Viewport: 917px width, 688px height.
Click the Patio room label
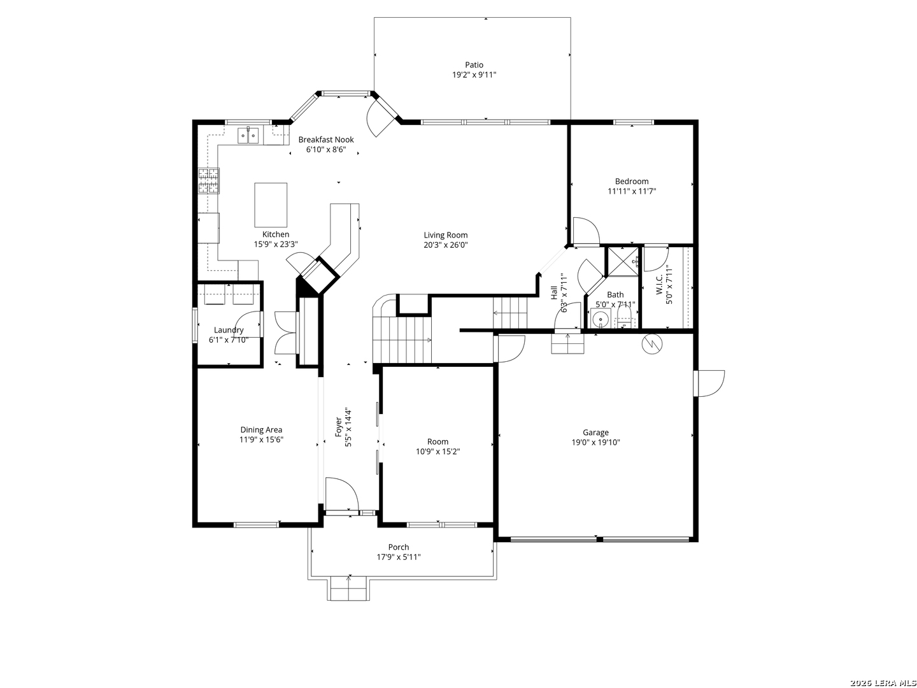tap(474, 65)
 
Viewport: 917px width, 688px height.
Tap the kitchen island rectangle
tap(271, 204)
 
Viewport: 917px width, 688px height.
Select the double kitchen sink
tap(248, 136)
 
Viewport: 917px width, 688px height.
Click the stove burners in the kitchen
tap(208, 181)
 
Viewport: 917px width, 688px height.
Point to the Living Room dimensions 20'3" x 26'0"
tap(446, 245)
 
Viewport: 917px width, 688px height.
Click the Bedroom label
tap(632, 182)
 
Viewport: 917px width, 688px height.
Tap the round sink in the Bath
tap(601, 319)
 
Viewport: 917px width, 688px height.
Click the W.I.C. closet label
tap(659, 285)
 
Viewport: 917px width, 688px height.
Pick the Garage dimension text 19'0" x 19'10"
tap(596, 442)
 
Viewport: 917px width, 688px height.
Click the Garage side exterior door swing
tap(709, 383)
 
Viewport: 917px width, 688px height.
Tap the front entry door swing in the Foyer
tap(342, 494)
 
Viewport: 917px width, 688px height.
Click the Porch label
tap(399, 547)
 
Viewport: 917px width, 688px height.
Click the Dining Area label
tap(261, 429)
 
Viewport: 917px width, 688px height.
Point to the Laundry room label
tap(229, 330)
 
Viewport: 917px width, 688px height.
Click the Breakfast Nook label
tap(326, 140)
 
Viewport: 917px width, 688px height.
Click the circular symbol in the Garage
tap(652, 343)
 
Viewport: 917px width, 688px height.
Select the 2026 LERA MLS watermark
tap(883, 683)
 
